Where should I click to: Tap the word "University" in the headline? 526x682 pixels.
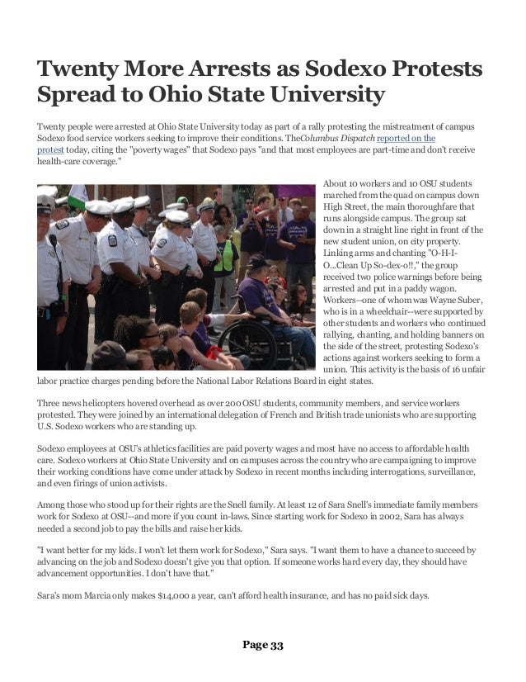(x=318, y=96)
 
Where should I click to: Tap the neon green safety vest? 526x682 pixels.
(x=223, y=255)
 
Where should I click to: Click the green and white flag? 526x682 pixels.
(x=77, y=197)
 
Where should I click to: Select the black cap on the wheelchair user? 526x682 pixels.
(x=256, y=263)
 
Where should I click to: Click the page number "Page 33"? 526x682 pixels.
(x=262, y=645)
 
